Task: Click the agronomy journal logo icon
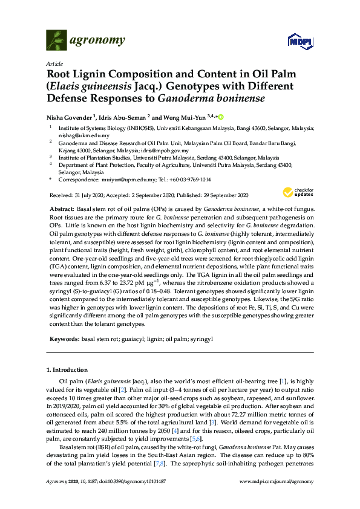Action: [x=56, y=41]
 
